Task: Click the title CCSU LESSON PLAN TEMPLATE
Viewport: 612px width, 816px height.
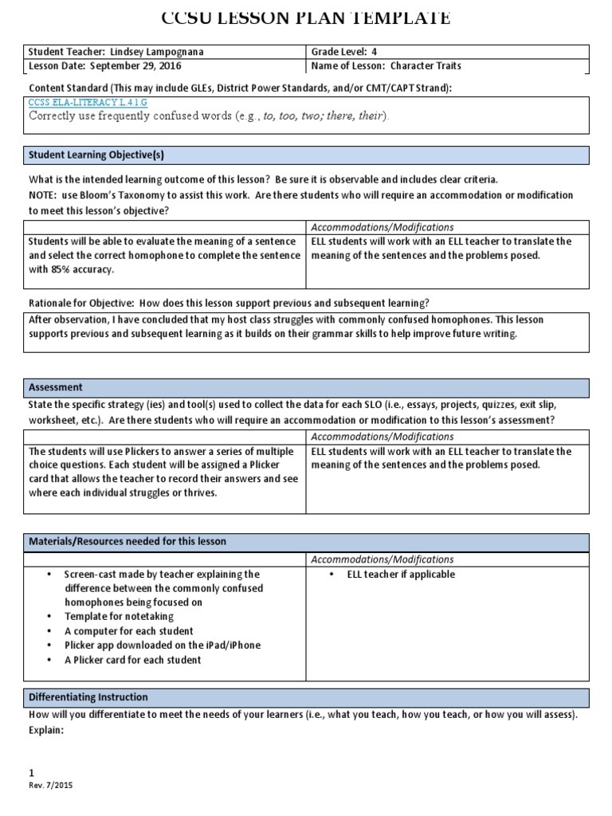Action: click(x=305, y=18)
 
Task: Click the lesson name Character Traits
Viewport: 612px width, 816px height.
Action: click(x=423, y=66)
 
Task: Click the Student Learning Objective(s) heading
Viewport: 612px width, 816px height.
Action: click(x=96, y=155)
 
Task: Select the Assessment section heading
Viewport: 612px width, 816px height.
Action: click(x=56, y=387)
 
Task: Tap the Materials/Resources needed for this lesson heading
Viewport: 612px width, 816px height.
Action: click(x=127, y=541)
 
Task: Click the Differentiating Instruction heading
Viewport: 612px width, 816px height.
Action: click(x=88, y=696)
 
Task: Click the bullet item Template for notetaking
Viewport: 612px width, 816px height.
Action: click(x=119, y=617)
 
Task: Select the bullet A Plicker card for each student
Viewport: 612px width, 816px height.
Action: click(x=133, y=660)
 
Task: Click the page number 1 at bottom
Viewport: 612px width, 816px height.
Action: click(x=31, y=772)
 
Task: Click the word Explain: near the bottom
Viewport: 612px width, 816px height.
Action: click(x=45, y=729)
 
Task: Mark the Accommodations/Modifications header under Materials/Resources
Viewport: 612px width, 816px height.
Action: click(x=382, y=559)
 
